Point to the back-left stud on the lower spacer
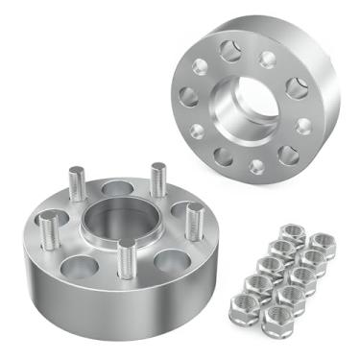76,182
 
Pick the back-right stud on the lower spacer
156,180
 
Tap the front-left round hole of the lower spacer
79,261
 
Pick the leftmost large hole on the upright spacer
189,97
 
